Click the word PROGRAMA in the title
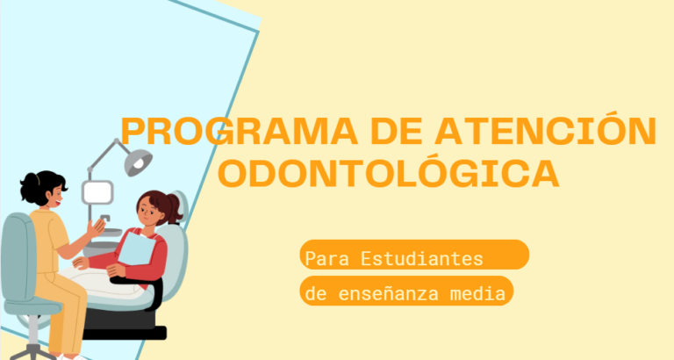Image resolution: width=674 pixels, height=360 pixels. pos(240,132)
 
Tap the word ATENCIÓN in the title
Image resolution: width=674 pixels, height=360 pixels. pos(546,128)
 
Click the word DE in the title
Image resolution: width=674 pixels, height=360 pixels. pos(397,132)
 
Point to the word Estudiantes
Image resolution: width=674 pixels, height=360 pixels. pos(421,258)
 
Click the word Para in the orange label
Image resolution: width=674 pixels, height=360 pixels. pos(326,259)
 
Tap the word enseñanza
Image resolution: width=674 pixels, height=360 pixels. pos(388,294)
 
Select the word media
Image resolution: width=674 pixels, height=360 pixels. pos(477,294)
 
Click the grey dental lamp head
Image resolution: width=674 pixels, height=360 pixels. pos(138,162)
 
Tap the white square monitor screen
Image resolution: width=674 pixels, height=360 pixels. pos(98,192)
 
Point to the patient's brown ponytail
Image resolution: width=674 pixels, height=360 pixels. pos(175,207)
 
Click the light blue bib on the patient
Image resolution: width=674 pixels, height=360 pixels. pos(137,248)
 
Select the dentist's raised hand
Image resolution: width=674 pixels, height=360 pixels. pos(97,228)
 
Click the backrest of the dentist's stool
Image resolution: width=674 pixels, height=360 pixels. pos(18,257)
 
